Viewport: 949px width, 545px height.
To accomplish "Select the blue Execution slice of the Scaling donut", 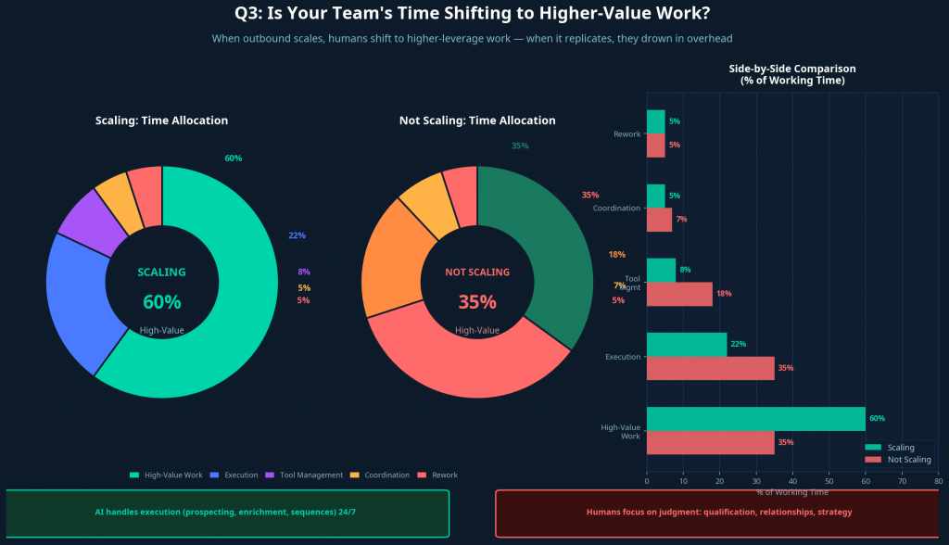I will [76, 296].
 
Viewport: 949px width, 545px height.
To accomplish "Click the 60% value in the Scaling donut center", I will [161, 302].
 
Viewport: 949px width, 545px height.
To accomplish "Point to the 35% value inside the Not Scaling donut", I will [477, 302].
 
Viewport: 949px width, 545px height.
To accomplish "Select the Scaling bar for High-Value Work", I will [755, 418].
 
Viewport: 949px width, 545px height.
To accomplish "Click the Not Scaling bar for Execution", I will [710, 368].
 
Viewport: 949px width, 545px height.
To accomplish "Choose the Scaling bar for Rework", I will [655, 121].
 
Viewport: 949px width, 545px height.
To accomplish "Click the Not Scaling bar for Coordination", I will [659, 220].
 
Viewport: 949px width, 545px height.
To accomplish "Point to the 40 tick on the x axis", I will [792, 481].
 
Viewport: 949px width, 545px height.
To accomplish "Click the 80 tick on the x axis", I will [938, 481].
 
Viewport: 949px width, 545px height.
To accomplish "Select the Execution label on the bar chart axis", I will [622, 357].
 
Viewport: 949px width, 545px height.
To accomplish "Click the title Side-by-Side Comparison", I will [791, 69].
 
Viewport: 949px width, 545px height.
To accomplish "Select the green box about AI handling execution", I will [227, 513].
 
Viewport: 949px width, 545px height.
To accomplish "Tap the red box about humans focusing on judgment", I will [718, 513].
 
